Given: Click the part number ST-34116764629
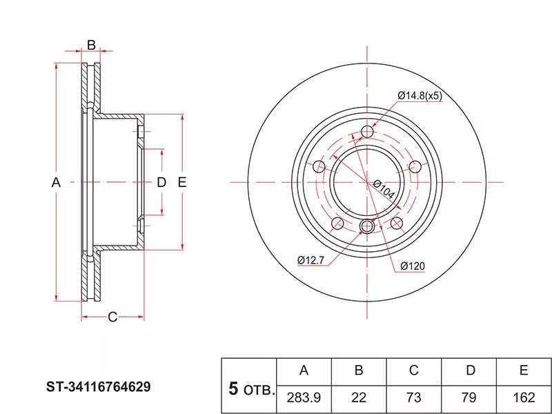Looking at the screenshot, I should tap(99, 386).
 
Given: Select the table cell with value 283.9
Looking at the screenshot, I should tap(304, 398).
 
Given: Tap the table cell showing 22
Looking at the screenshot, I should tap(359, 398).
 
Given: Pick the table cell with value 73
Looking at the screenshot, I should tap(414, 398).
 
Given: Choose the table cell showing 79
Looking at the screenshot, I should tap(469, 398).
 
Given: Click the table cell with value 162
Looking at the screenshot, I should tap(524, 398).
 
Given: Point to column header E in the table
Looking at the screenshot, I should tap(524, 371).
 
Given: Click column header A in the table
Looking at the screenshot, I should tap(304, 371).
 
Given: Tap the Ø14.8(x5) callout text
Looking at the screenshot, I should tap(420, 96).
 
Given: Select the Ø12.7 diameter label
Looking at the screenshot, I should tap(311, 259).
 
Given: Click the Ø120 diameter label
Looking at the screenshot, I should tap(411, 266).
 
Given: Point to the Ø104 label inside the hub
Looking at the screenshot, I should tap(384, 189).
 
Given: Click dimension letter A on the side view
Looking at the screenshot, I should tap(57, 182).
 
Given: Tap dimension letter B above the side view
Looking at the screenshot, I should tap(91, 46).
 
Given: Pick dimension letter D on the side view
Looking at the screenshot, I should tap(161, 182).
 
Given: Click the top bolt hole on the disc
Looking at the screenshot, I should tap(367, 132).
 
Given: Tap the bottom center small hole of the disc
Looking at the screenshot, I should tap(367, 225).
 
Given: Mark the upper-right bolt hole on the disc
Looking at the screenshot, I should tap(415, 166).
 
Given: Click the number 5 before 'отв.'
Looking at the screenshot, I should tap(233, 389).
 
